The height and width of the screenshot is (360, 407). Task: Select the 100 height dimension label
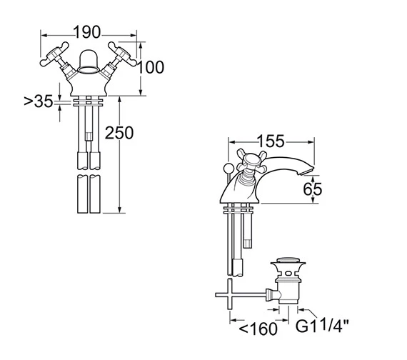pyautogui.click(x=150, y=68)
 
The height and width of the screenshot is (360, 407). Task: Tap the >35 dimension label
pyautogui.click(x=39, y=102)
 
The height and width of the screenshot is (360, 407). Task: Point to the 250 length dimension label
pyautogui.click(x=119, y=132)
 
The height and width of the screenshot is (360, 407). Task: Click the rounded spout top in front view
pyautogui.click(x=88, y=57)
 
